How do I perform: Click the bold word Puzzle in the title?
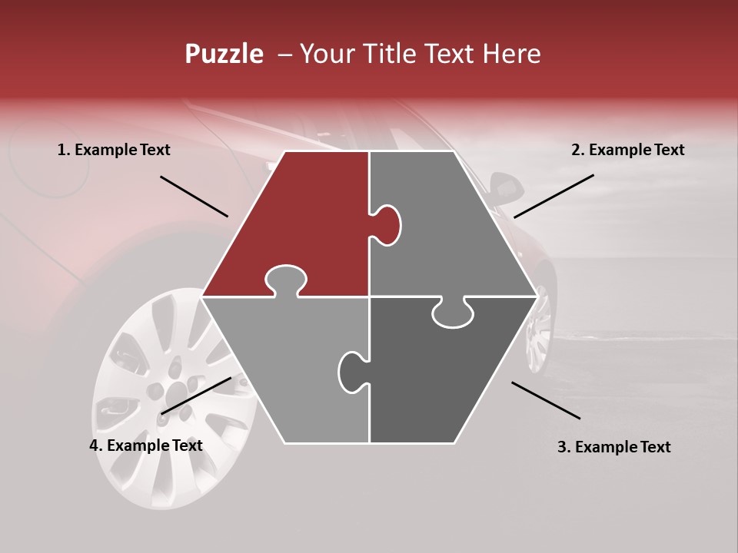[x=224, y=55]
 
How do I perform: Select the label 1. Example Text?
[x=114, y=151]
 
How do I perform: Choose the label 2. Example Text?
[x=627, y=151]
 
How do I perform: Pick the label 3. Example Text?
[x=613, y=447]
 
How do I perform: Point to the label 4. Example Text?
[x=145, y=445]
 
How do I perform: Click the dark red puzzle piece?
[x=300, y=215]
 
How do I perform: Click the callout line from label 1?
[x=194, y=197]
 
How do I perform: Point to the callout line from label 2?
[x=553, y=196]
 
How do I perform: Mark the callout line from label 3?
[x=546, y=400]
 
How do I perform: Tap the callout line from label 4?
[x=196, y=396]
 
